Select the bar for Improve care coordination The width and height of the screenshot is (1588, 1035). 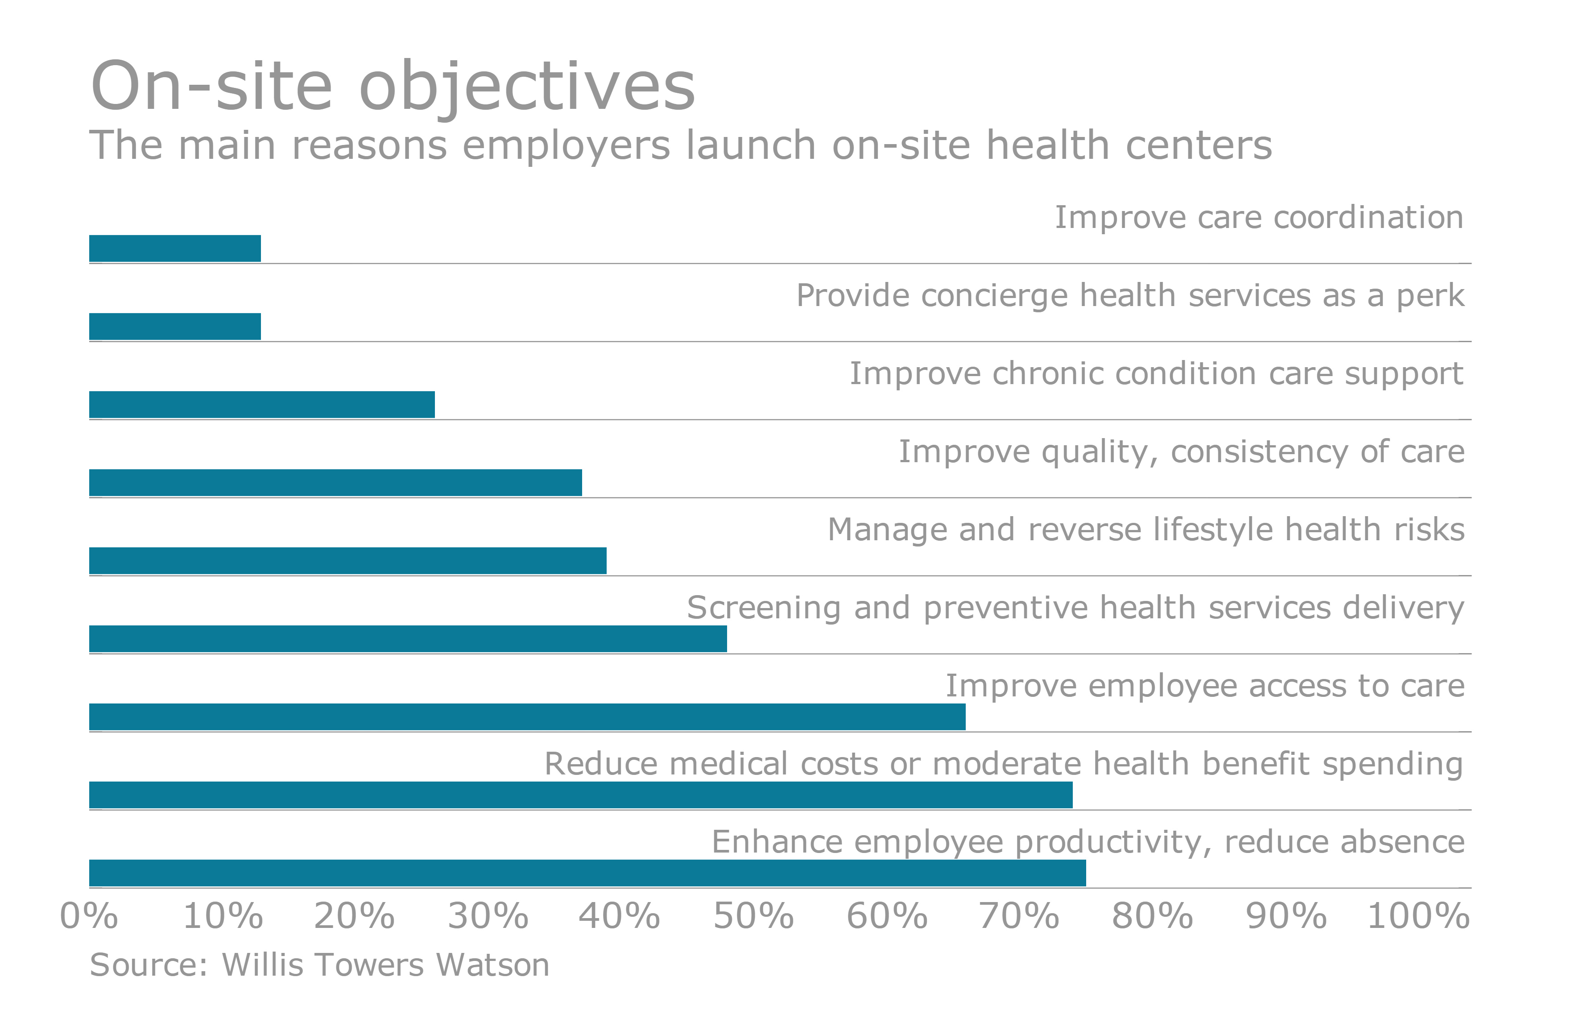click(175, 248)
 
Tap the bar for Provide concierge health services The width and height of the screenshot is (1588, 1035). click(175, 326)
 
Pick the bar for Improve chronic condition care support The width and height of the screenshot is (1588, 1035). click(261, 404)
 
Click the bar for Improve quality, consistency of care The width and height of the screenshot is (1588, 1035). click(335, 482)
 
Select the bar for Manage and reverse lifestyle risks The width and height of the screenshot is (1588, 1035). click(347, 560)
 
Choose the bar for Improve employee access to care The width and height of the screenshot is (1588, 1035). click(527, 716)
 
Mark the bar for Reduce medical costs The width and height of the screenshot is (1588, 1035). click(580, 795)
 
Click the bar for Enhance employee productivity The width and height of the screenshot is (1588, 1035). click(587, 873)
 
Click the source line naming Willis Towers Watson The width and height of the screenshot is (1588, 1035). click(319, 965)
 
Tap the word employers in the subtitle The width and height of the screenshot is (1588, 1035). click(566, 145)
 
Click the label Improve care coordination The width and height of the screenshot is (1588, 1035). click(1258, 218)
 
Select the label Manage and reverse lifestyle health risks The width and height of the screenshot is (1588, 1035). click(1146, 530)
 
